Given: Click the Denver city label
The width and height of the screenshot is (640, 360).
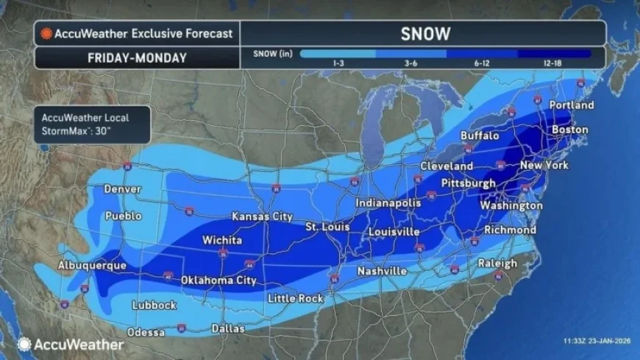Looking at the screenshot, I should click(122, 189).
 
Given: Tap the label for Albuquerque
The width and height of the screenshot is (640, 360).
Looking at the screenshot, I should click(93, 265).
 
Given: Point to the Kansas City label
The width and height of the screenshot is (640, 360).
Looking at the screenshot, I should click(262, 216).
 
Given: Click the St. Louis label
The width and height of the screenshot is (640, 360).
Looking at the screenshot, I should click(327, 227).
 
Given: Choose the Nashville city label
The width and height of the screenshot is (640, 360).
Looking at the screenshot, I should click(382, 272).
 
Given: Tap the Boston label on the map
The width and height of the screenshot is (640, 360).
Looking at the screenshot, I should click(569, 130).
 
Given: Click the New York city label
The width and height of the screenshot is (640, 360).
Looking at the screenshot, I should click(544, 166).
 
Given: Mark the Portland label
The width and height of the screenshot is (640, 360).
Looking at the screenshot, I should click(571, 105).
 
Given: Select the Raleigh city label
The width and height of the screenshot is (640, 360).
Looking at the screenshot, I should click(497, 264).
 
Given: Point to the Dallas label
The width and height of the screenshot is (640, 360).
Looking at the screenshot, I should click(227, 328).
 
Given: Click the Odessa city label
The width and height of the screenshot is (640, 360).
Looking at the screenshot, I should click(146, 332).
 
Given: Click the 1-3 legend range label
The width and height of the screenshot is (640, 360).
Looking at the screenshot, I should click(338, 63).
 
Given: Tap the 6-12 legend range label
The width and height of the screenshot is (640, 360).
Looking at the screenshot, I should click(482, 63).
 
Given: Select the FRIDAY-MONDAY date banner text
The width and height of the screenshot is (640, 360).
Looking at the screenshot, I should click(136, 57).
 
